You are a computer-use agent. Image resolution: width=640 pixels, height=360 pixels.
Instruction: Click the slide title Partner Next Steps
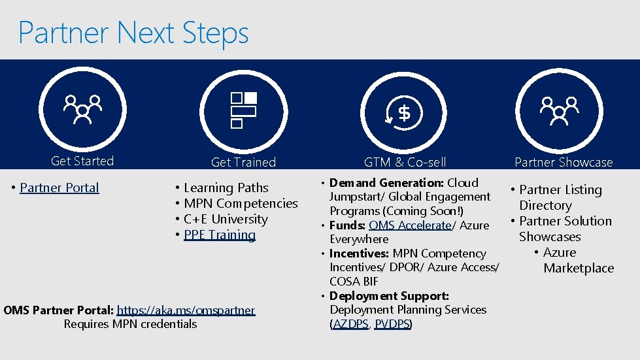click(133, 33)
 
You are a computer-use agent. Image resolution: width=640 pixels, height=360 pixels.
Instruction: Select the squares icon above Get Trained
click(243, 109)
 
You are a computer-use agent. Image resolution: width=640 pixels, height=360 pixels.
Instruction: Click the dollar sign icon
click(404, 113)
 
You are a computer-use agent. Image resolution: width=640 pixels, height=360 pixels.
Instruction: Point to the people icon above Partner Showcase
click(560, 110)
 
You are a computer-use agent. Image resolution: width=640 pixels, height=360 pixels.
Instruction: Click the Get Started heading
click(82, 161)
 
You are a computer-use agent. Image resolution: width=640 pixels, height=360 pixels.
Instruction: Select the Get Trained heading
click(243, 162)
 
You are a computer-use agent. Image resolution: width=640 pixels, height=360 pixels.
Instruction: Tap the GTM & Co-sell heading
click(405, 162)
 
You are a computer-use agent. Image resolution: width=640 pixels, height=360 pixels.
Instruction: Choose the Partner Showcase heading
click(564, 162)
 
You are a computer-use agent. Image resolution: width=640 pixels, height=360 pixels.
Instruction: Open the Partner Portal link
click(59, 188)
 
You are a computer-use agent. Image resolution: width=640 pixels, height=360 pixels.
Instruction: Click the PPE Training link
click(220, 235)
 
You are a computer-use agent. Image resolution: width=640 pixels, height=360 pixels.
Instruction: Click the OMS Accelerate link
click(410, 225)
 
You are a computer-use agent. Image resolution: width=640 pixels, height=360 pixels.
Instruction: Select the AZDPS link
click(350, 323)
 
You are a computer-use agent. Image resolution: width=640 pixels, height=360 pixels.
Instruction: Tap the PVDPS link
click(391, 323)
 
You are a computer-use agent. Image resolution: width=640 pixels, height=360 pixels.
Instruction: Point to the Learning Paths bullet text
click(226, 188)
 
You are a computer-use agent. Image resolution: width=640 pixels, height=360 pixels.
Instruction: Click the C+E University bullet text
click(226, 219)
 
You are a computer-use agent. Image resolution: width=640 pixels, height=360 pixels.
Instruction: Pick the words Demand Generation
click(386, 182)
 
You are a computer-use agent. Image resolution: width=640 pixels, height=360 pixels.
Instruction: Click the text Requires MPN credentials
click(130, 323)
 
